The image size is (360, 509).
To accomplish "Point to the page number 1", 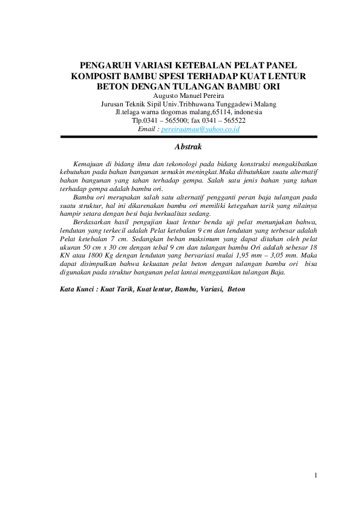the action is pyautogui.click(x=316, y=475).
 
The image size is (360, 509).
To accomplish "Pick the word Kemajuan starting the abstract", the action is pyautogui.click(x=87, y=164).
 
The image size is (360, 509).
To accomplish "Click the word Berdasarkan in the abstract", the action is pyautogui.click(x=90, y=223).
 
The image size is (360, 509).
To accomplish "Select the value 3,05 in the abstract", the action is pyautogui.click(x=280, y=256).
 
